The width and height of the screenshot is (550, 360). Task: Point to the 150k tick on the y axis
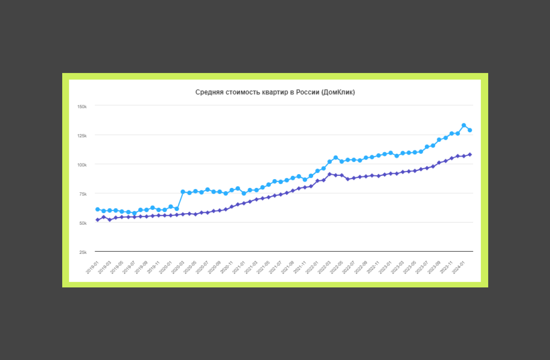point(82,107)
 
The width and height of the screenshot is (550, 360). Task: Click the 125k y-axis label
point(82,136)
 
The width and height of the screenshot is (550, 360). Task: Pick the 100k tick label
point(82,165)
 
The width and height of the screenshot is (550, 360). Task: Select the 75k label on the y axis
point(83,194)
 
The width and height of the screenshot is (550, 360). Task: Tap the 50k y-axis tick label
point(83,223)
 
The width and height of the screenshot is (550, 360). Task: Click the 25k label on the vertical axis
point(83,252)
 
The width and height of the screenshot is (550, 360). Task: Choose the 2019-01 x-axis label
point(92,267)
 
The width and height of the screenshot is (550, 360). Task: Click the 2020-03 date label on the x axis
point(178,267)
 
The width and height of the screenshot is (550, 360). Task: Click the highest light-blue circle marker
point(464,125)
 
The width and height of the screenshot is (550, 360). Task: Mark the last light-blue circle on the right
point(470,130)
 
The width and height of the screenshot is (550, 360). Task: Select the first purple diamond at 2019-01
point(97,220)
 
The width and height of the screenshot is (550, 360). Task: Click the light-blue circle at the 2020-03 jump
point(183,192)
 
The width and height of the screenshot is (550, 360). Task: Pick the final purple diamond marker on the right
point(470,155)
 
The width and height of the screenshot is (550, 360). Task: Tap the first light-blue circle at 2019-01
point(97,209)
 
